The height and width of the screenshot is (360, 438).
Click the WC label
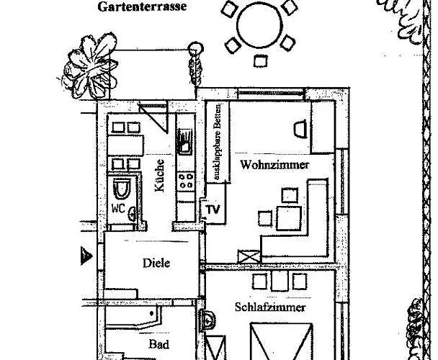(118, 208)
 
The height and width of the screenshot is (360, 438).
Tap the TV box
(213, 210)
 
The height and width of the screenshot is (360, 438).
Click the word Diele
(156, 263)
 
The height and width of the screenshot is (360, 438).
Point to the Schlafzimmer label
(270, 307)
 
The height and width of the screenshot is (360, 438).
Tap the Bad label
(158, 344)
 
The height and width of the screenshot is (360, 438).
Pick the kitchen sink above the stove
(185, 141)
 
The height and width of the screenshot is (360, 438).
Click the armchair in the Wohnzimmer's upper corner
(300, 127)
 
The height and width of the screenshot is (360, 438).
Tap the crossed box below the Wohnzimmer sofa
(249, 257)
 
